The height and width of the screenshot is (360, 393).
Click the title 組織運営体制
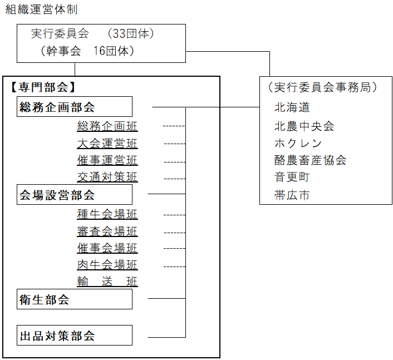coord(41,9)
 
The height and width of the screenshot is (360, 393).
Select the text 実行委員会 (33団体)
coord(92,33)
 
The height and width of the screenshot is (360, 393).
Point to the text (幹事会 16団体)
coord(87,51)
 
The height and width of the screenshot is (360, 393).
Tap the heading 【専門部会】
coord(42,87)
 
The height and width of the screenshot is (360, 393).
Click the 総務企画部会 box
coord(75,107)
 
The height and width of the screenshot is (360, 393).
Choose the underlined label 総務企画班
coord(107,126)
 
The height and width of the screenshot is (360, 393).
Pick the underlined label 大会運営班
coord(107,144)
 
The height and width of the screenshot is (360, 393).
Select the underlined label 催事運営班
coord(107,161)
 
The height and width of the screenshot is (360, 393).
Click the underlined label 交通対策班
coord(107,177)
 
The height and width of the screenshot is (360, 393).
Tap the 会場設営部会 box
coord(75,195)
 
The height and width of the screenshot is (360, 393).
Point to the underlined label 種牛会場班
coord(107,214)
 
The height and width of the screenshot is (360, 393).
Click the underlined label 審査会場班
coord(107,231)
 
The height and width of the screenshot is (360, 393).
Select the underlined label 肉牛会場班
coord(107,265)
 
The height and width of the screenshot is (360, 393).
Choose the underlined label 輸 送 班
coord(107,282)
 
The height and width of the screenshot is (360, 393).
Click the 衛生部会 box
coord(75,299)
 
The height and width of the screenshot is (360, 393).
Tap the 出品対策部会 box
coord(75,336)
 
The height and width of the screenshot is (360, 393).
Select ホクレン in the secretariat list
coord(298,143)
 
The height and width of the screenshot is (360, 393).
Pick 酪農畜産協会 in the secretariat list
coord(310,160)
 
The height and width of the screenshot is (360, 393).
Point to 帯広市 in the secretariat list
coord(292,195)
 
